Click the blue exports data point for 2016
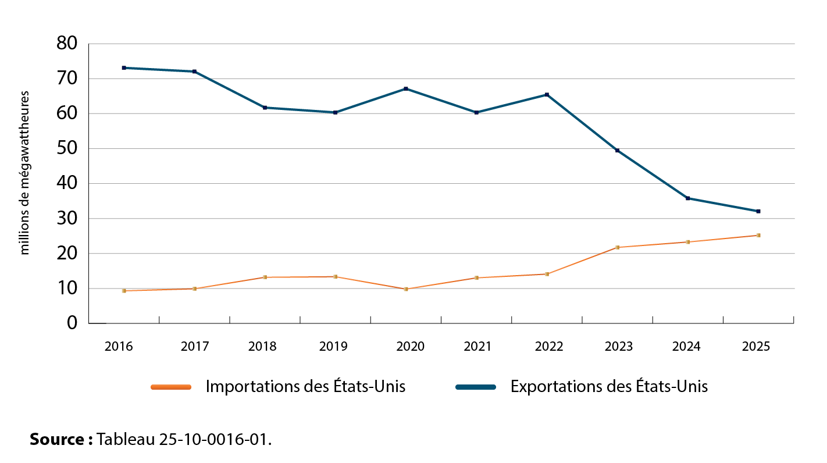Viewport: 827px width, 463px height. (x=124, y=68)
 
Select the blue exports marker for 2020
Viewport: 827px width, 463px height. (x=406, y=89)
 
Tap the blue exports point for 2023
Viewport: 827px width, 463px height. (x=617, y=151)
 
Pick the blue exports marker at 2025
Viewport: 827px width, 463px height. (x=758, y=211)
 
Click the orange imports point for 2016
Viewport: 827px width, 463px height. (x=124, y=291)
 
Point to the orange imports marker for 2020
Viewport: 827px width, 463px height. (x=406, y=289)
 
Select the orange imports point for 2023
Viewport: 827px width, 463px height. (x=617, y=247)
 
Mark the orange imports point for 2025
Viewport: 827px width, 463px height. (x=758, y=236)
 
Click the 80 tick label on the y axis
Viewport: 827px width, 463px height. (x=67, y=44)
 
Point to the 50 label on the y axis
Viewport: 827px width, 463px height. (x=67, y=149)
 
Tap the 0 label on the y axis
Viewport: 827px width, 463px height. (x=72, y=323)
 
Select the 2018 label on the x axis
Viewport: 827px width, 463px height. (x=262, y=347)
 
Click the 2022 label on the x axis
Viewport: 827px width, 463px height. (x=549, y=347)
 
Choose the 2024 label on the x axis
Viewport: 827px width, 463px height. (x=686, y=347)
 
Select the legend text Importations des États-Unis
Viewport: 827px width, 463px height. (x=305, y=387)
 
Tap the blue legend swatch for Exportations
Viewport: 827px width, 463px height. (x=475, y=387)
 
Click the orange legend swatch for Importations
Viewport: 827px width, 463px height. (x=170, y=387)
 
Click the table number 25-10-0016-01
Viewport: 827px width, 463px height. (x=213, y=439)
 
